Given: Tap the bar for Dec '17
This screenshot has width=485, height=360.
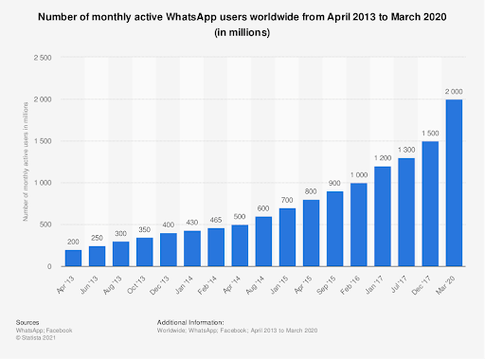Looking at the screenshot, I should coord(430,204).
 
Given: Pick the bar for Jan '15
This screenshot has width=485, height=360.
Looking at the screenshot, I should coord(287,237).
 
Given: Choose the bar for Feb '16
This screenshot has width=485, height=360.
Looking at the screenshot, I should coord(359,225).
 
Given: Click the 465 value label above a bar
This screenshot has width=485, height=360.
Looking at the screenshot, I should coord(216,220).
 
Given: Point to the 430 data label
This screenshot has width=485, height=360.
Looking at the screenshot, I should coord(192,223).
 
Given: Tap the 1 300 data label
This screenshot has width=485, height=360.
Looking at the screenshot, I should coord(406,150).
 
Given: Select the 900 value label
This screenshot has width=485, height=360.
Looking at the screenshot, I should coord(335,183).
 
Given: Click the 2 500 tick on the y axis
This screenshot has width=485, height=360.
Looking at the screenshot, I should coord(43,57).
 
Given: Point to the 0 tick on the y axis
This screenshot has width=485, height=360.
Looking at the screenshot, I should coord(50,266).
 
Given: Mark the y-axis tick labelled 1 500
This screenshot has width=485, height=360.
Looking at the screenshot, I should coord(43,141).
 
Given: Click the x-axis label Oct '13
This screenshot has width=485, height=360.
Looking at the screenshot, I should coord(139,283).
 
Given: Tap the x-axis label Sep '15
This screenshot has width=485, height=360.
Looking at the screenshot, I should coord(331,283).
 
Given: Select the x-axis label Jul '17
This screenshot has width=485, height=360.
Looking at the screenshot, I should coord(402,283).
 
